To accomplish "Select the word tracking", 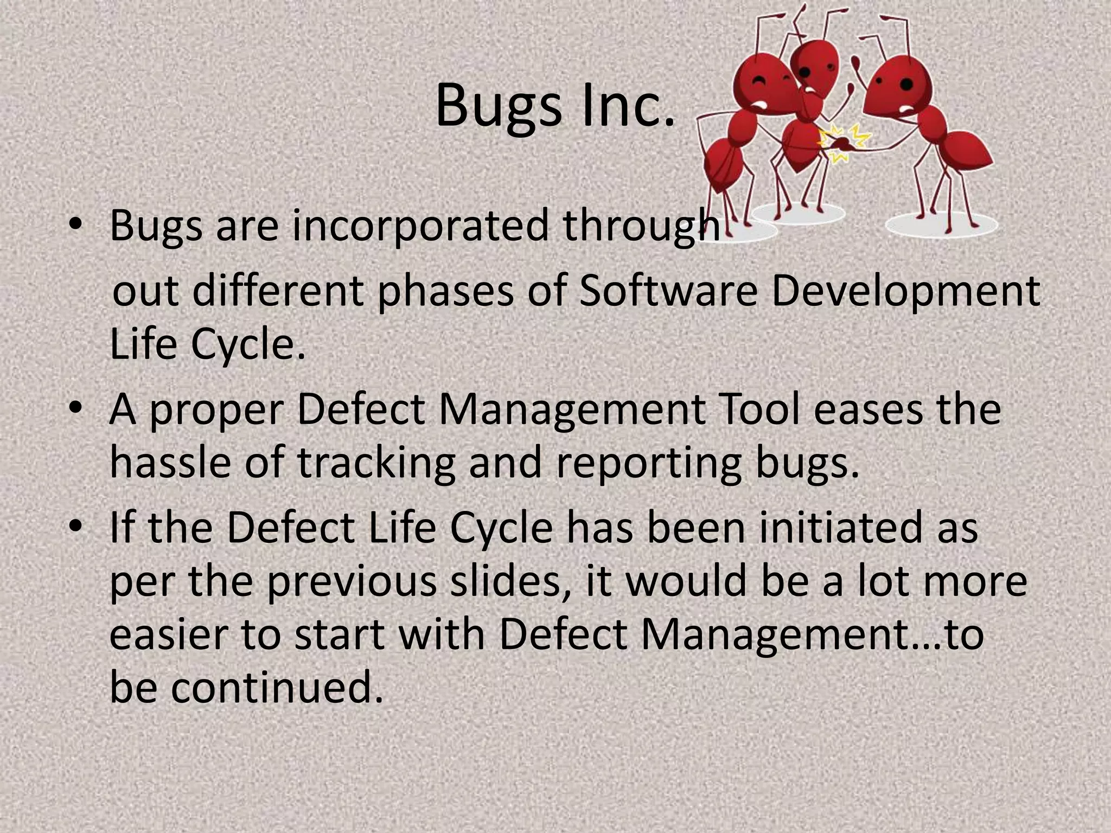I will coord(376,464).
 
